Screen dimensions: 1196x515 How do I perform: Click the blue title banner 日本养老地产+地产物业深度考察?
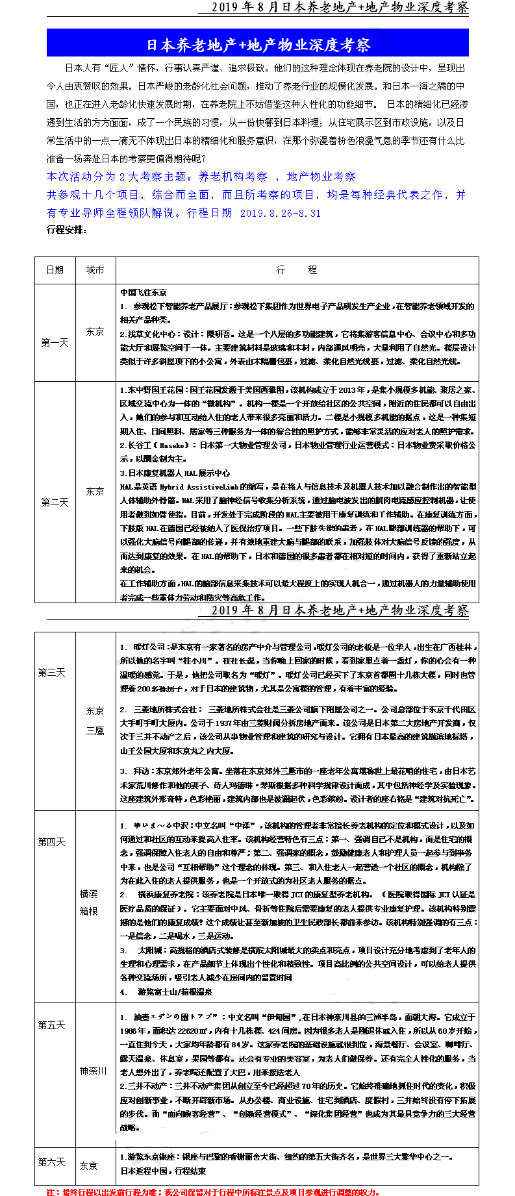(x=258, y=44)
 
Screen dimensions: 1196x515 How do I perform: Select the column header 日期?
(x=55, y=270)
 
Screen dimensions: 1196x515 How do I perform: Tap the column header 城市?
(x=95, y=270)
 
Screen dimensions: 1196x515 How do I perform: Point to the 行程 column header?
(x=297, y=270)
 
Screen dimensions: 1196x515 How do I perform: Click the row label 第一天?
(x=55, y=342)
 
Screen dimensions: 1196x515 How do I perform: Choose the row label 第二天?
(x=55, y=502)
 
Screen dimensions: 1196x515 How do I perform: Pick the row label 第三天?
(x=51, y=673)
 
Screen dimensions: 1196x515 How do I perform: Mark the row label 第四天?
(x=51, y=842)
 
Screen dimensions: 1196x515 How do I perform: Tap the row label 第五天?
(x=51, y=1025)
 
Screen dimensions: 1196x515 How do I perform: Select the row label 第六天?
(x=51, y=1162)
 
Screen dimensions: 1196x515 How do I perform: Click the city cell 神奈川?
(x=93, y=1071)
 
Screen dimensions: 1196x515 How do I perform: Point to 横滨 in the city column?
(x=89, y=894)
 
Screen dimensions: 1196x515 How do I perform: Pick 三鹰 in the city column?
(x=95, y=730)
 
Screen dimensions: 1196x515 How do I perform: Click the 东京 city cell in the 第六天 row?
(x=89, y=1165)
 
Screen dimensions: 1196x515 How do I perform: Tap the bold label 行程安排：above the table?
(x=66, y=229)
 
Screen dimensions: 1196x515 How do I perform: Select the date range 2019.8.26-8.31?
(x=281, y=213)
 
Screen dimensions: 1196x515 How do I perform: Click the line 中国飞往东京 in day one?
(x=144, y=293)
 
